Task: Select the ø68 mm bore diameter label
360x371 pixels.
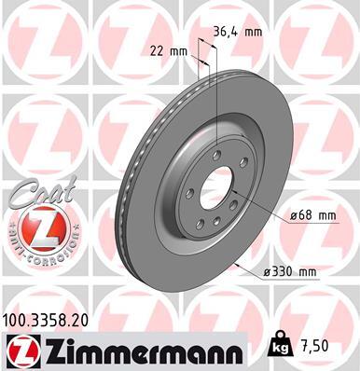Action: pyautogui.click(x=312, y=215)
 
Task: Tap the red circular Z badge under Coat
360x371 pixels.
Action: pyautogui.click(x=35, y=227)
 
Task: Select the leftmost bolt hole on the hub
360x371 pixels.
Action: pyautogui.click(x=189, y=194)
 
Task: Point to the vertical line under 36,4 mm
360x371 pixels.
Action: pyautogui.click(x=216, y=103)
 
